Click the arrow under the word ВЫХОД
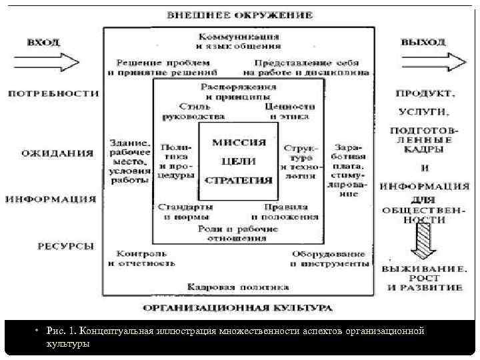tap(431, 61)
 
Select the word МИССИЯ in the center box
tap(239, 143)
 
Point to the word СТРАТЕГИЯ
tap(239, 180)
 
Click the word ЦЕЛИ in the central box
tap(239, 161)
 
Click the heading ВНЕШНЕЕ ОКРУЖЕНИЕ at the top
tap(240, 14)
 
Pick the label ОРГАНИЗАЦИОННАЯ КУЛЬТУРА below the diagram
tap(238, 309)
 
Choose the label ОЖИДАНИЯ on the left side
tap(57, 153)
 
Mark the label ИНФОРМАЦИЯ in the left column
tap(51, 199)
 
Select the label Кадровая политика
tap(238, 287)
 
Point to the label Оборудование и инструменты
tap(329, 258)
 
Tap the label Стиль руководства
tap(193, 111)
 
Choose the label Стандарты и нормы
tap(186, 211)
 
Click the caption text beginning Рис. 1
tap(233, 337)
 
